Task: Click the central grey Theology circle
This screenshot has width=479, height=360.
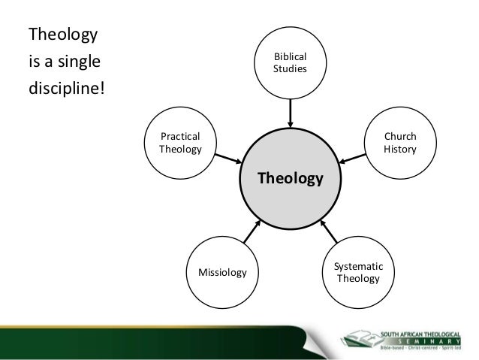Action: coord(291,178)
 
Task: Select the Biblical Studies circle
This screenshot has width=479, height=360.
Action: coord(290,63)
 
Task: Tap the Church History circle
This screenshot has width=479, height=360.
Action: coord(399,144)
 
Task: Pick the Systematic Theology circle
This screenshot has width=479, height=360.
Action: coord(358,273)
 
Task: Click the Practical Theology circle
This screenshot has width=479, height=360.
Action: coord(180,143)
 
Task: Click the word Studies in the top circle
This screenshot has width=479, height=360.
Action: coord(290,70)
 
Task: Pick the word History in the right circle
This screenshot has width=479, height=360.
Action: coord(399,150)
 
